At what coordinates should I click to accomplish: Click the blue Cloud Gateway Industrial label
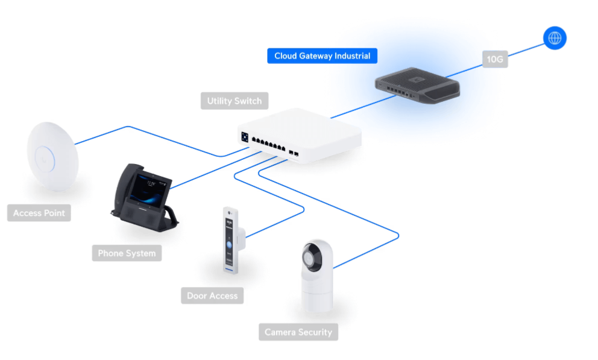(323, 55)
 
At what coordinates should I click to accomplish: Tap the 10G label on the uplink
(495, 59)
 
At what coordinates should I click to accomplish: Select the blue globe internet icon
(555, 38)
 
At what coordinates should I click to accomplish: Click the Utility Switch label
(234, 101)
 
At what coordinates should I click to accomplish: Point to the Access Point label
(39, 213)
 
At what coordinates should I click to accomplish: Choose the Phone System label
(127, 253)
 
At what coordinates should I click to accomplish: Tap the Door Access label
(212, 295)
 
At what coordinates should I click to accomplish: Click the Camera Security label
(298, 332)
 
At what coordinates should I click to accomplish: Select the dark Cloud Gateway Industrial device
(418, 86)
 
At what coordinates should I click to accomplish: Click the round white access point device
(52, 156)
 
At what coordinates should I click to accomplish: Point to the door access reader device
(232, 240)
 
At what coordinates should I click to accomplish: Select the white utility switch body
(300, 136)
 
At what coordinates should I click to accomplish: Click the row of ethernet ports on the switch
(268, 144)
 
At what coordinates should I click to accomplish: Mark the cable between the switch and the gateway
(363, 106)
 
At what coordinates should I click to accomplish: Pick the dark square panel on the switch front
(245, 137)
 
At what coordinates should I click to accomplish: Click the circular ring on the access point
(45, 160)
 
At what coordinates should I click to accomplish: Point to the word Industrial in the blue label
(353, 55)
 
